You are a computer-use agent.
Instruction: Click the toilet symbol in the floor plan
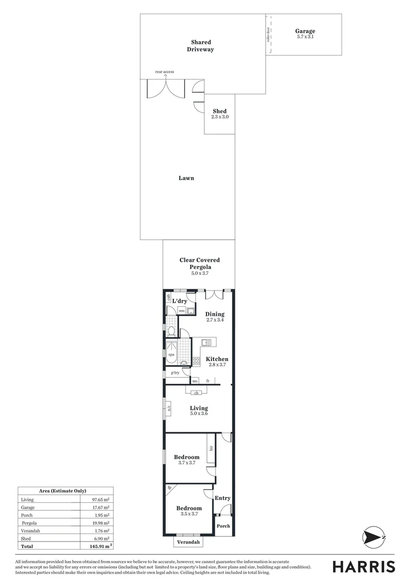(172, 331)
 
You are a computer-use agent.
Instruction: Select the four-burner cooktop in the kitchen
(196, 361)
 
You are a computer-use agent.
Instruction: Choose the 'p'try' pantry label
(175, 373)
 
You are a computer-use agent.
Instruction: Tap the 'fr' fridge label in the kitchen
(208, 381)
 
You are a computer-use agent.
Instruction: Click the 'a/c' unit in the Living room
(168, 407)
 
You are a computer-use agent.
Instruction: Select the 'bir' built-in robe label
(211, 448)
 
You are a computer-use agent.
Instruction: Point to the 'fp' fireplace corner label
(169, 488)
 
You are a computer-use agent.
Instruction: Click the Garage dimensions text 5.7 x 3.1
(305, 37)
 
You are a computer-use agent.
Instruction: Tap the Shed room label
(219, 111)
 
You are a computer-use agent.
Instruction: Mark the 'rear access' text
(165, 72)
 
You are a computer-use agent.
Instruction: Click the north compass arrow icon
(373, 537)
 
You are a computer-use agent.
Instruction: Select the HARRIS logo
(364, 566)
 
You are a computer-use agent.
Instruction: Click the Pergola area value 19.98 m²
(101, 523)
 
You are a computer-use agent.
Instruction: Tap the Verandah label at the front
(189, 542)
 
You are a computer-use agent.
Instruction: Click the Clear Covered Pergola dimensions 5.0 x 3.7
(200, 273)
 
